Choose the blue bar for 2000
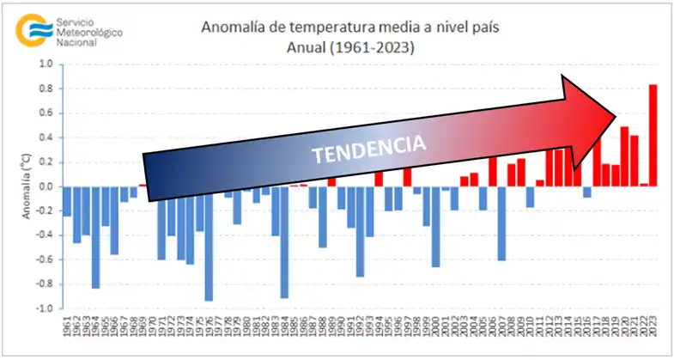click(x=435, y=227)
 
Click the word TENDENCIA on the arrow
click(x=368, y=149)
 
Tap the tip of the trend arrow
click(x=616, y=114)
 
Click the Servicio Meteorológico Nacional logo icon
click(x=33, y=29)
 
